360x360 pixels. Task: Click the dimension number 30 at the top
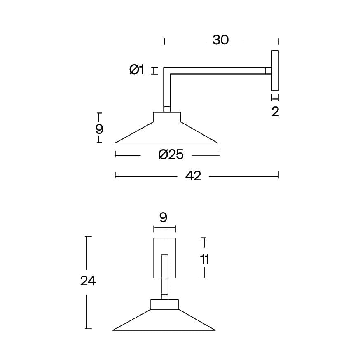[220, 40]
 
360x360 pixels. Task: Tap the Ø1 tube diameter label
[137, 70]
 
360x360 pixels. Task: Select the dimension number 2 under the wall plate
[275, 112]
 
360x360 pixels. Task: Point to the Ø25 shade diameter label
[171, 154]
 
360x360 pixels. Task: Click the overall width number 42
[193, 176]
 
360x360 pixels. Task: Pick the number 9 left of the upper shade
[99, 129]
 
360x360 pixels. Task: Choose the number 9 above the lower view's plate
[163, 217]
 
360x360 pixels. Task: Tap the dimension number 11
[205, 259]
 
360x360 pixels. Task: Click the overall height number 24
[88, 281]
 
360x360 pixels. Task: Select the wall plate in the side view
[275, 70]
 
